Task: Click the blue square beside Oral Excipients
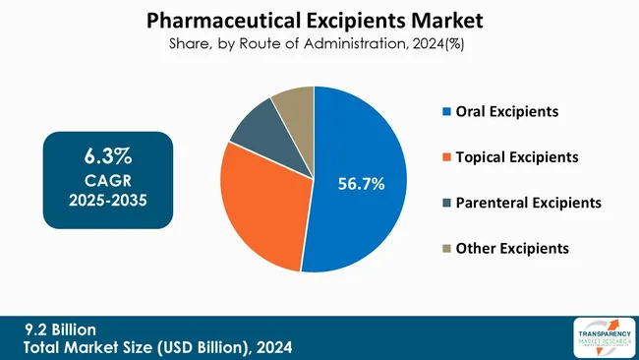tap(447, 111)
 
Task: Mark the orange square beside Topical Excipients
tap(447, 156)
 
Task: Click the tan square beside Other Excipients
tap(447, 248)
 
